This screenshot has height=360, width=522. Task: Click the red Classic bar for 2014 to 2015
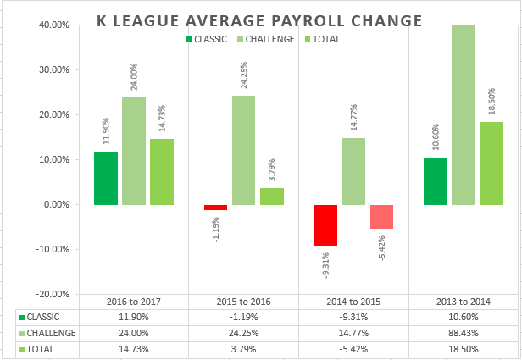(325, 225)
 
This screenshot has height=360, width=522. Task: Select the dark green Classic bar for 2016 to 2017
(106, 178)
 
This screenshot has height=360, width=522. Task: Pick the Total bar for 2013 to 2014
(491, 163)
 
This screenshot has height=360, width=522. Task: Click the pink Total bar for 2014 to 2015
(381, 217)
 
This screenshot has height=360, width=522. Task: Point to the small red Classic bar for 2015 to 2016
(215, 208)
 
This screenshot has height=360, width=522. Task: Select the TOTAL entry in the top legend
(327, 38)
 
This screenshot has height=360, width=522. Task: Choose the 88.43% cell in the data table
(464, 333)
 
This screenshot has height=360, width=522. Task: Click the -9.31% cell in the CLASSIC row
(354, 317)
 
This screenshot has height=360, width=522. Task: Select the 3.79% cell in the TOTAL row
(244, 348)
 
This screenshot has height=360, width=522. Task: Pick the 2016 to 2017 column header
(134, 302)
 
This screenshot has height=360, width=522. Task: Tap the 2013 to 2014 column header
(464, 302)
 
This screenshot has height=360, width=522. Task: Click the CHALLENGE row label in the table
(53, 333)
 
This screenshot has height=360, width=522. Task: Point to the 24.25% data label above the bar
(245, 71)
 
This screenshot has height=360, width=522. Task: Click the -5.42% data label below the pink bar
(380, 247)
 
